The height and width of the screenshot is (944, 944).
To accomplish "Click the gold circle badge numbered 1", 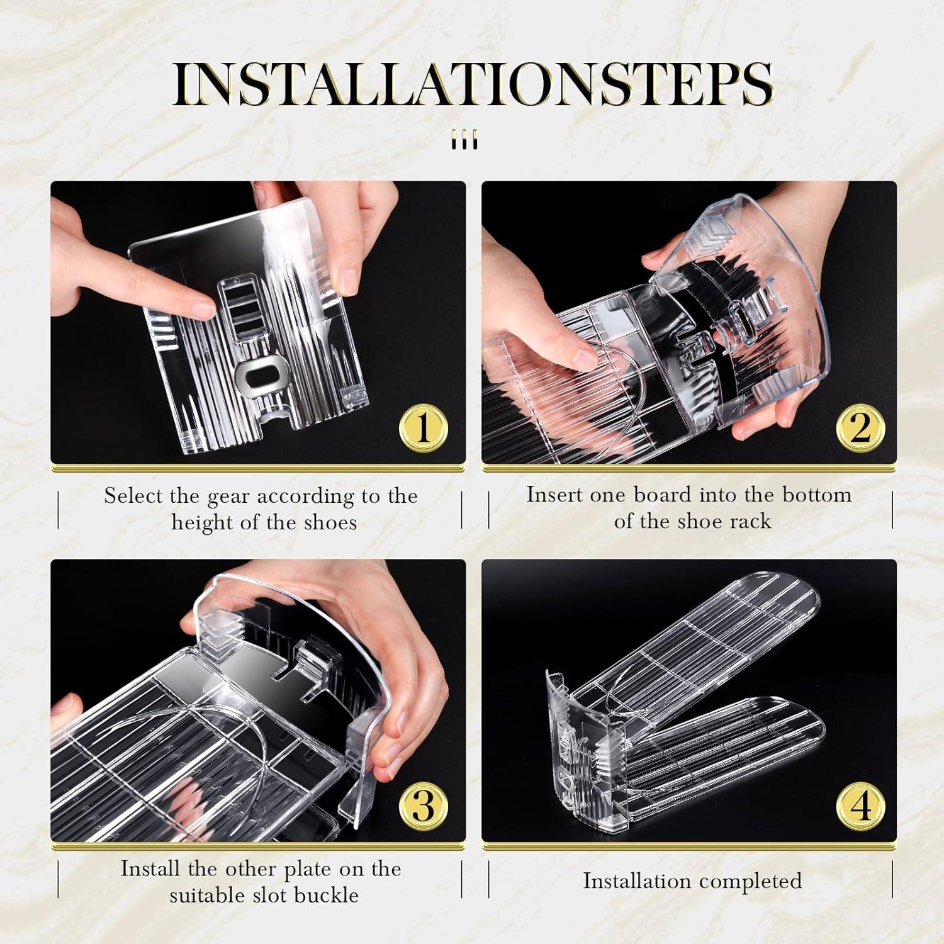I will pyautogui.click(x=424, y=429).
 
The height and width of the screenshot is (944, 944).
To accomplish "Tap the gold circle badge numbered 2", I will pyautogui.click(x=860, y=429).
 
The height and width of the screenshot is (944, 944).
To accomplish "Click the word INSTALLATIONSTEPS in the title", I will pyautogui.click(x=472, y=84).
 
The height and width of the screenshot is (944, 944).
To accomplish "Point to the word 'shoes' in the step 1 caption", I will pyautogui.click(x=327, y=522).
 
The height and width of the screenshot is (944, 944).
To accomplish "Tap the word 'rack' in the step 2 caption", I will pyautogui.click(x=748, y=521).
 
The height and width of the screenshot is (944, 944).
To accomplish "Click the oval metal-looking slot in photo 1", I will pyautogui.click(x=256, y=377).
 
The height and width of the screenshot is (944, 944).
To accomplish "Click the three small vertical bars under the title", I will pyautogui.click(x=465, y=140).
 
